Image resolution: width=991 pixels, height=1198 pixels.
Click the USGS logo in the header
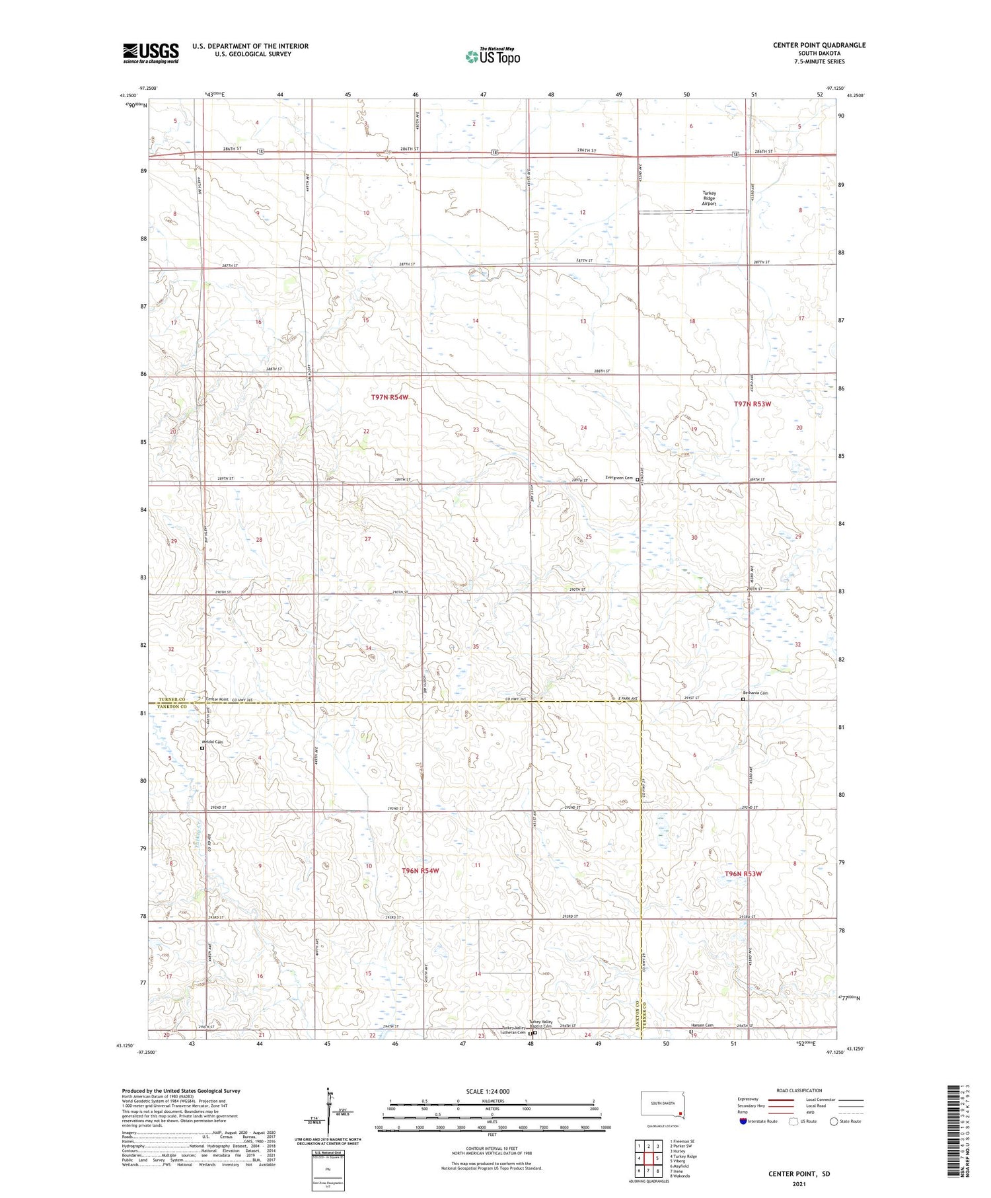pos(151,53)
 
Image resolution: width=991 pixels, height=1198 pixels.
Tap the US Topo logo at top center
pos(492,56)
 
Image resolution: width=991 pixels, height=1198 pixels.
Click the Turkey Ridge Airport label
pos(708,198)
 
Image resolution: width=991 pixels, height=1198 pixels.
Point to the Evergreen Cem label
pos(619,478)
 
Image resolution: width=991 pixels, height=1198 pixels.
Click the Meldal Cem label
pos(212,742)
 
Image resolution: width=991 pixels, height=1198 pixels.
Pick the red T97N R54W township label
pos(390,397)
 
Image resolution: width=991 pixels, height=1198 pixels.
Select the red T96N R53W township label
pos(743,874)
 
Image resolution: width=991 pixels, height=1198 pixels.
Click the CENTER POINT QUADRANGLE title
pos(819,45)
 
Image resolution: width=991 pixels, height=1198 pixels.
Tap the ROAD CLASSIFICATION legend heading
pos(799,1090)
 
